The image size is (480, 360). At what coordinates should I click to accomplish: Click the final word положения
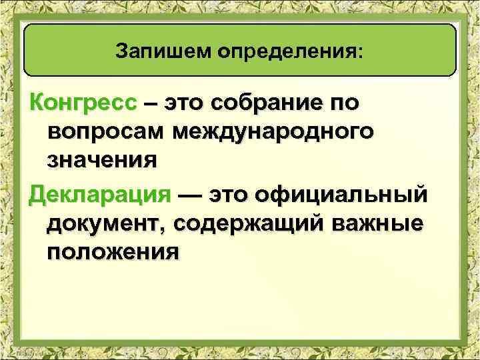113,253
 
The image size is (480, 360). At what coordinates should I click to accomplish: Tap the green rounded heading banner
240,51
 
